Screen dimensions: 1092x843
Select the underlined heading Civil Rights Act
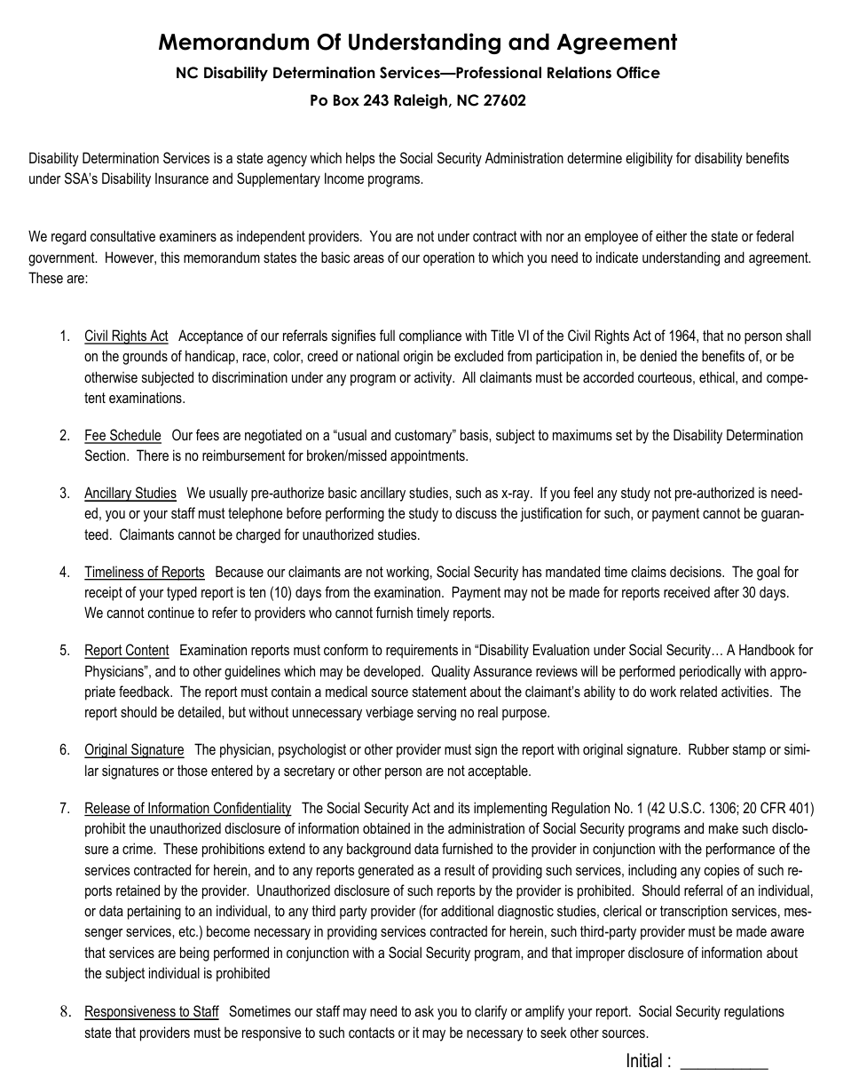[126, 336]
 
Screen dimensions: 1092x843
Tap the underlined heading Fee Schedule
[122, 436]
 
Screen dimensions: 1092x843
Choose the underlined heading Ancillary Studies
[130, 494]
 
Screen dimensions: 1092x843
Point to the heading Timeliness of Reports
[145, 573]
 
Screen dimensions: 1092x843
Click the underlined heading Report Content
[126, 651]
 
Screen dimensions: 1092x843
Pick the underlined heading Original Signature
[134, 750]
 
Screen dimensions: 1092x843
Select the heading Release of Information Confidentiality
[187, 809]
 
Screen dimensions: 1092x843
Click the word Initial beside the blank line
[644, 1061]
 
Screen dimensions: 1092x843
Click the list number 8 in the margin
[64, 1012]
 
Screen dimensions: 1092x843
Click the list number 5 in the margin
[64, 651]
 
